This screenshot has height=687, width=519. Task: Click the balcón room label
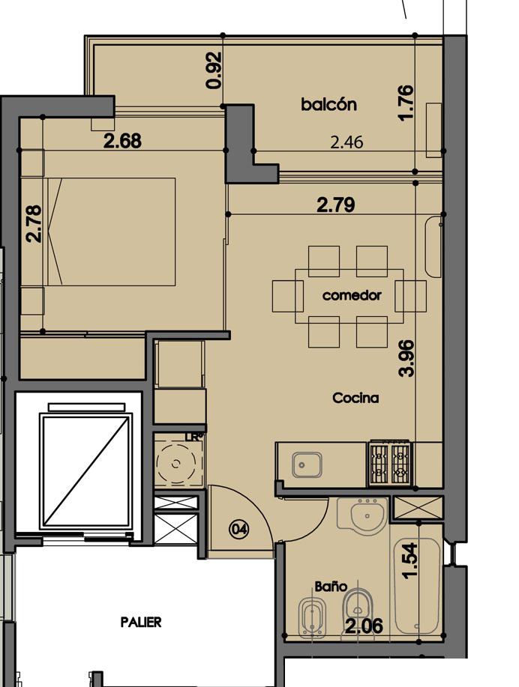pos(328,104)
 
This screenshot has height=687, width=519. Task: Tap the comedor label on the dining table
pos(352,295)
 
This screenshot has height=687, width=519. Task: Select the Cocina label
pos(355,398)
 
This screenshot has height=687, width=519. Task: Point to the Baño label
pos(331,586)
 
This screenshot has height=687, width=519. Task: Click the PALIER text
pos(141,622)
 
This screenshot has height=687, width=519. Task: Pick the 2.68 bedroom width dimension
pos(122,141)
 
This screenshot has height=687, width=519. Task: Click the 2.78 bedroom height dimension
pos(34,224)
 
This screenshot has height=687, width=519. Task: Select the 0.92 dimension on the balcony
pos(214,70)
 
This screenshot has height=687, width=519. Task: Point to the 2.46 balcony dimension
pos(346,142)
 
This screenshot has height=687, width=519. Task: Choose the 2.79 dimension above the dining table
pos(335,205)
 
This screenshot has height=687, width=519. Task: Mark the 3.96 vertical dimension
pos(406,358)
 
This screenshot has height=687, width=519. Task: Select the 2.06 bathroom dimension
pos(364,626)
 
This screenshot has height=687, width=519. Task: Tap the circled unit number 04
pos(239,529)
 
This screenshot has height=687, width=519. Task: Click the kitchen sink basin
pos(307,464)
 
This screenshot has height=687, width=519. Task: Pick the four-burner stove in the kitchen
pos(391,464)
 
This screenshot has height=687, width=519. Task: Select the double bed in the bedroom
pos(112,231)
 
